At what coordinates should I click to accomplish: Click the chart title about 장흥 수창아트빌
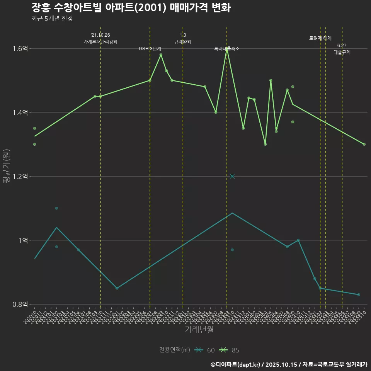pos(131,8)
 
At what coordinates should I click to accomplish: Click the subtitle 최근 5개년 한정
pos(52,18)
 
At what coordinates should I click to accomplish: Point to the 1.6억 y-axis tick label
pos(20,49)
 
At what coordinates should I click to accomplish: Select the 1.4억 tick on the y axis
pos(20,112)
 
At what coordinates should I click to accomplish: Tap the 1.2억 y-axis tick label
pos(20,177)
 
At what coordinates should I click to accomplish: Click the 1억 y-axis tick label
pos(23,240)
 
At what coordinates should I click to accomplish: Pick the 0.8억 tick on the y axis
pos(20,305)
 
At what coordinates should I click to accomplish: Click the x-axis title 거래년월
pos(199,330)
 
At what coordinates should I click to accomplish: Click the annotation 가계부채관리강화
pos(100,42)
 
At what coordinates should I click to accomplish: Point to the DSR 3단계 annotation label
pos(150,49)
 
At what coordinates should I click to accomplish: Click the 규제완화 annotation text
pos(183,42)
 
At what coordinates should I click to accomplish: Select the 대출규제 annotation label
pos(342,52)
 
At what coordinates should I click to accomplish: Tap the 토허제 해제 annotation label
pos(320,38)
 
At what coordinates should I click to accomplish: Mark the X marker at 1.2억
pos(232,177)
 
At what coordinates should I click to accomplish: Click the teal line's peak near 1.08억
pos(232,213)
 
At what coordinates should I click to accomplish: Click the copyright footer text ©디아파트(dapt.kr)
pos(236,364)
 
